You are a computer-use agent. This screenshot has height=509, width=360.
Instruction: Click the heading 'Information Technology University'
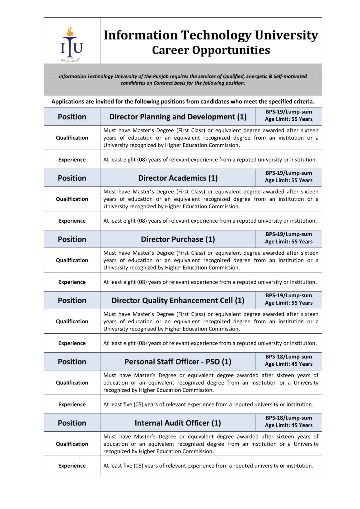[x=211, y=35]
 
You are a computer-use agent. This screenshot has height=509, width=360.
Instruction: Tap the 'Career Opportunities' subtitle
[x=211, y=50]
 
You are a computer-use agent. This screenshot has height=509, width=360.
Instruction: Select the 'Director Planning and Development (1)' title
[x=178, y=117]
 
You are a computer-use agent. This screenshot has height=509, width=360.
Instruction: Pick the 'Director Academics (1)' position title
[x=178, y=178]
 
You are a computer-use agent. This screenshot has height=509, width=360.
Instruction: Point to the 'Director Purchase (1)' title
[x=178, y=239]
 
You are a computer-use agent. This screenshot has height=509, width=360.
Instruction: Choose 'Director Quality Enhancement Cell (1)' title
[x=178, y=301]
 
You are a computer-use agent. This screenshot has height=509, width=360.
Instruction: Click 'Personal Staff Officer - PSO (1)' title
[x=178, y=362]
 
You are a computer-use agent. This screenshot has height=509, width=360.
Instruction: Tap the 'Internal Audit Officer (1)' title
[x=178, y=423]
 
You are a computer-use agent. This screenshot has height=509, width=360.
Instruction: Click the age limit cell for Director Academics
[x=289, y=180]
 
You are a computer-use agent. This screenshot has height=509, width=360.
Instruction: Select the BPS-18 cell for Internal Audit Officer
[x=289, y=422]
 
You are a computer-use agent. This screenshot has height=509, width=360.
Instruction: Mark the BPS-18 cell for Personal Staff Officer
[x=289, y=361]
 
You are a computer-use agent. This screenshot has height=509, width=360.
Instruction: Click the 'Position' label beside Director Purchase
[x=72, y=239]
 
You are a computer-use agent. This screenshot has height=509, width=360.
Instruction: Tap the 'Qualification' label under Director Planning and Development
[x=72, y=138]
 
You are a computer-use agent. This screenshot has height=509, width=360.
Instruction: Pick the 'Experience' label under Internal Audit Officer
[x=72, y=466]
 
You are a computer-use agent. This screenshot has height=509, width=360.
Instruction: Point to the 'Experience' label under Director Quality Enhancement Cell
[x=72, y=343]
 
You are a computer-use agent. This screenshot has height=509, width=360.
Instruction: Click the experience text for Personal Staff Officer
[x=208, y=405]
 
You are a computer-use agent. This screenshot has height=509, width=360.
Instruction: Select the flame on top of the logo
[x=71, y=31]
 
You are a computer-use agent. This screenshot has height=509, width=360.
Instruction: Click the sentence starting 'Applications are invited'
[x=183, y=102]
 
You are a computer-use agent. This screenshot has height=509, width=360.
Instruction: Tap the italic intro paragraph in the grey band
[x=183, y=80]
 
